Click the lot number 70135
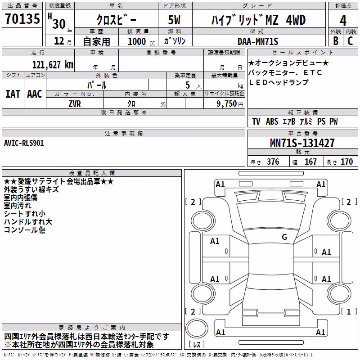tap(22, 18)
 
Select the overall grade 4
tap(343, 21)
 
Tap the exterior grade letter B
tap(336, 40)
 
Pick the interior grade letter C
tap(350, 40)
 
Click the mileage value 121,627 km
tap(53, 65)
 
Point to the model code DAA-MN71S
tap(258, 41)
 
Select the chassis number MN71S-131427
tap(302, 143)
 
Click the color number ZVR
tap(75, 104)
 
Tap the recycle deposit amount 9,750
tap(226, 103)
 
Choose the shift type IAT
tap(13, 94)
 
